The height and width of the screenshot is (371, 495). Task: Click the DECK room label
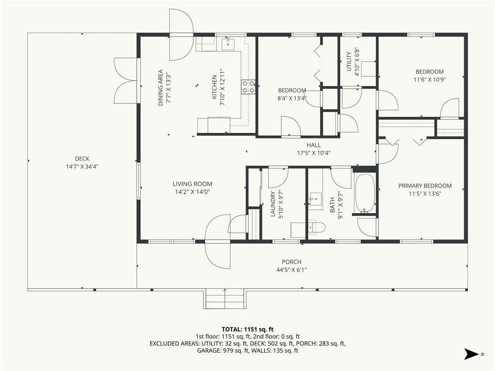pyautogui.click(x=82, y=158)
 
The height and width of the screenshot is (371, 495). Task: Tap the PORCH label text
pyautogui.click(x=291, y=262)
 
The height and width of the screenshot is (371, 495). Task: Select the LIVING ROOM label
pyautogui.click(x=192, y=184)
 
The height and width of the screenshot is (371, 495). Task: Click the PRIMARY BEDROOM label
pyautogui.click(x=425, y=186)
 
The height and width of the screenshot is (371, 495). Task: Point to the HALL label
pyautogui.click(x=313, y=145)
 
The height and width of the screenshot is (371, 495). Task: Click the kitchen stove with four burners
pyautogui.click(x=248, y=87)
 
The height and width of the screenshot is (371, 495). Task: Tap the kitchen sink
pyautogui.click(x=228, y=44)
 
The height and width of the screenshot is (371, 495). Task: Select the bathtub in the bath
pyautogui.click(x=365, y=194)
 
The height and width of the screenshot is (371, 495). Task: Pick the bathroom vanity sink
pyautogui.click(x=315, y=199)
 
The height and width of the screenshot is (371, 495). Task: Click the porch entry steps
pyautogui.click(x=224, y=299)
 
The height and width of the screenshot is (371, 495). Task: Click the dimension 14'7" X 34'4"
pyautogui.click(x=82, y=167)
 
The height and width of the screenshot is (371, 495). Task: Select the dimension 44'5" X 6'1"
pyautogui.click(x=291, y=270)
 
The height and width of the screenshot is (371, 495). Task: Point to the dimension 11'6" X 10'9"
pyautogui.click(x=429, y=80)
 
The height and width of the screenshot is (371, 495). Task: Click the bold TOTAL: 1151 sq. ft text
pyautogui.click(x=247, y=329)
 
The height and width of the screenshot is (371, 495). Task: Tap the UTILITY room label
pyautogui.click(x=349, y=61)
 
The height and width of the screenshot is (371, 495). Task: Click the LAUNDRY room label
pyautogui.click(x=274, y=204)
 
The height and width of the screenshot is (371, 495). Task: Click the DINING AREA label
pyautogui.click(x=160, y=88)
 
